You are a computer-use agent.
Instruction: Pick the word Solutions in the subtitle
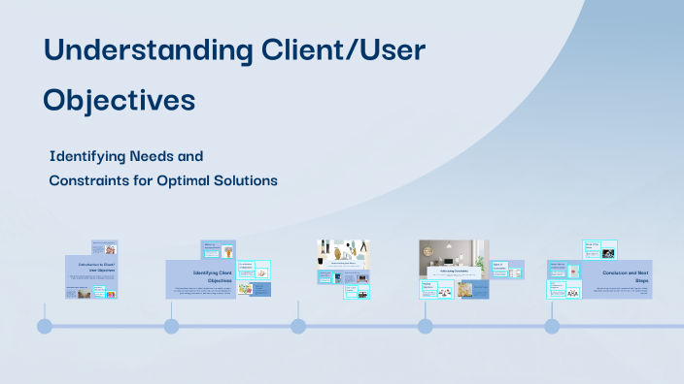pyautogui.click(x=252, y=179)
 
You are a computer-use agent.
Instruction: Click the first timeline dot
pyautogui.click(x=45, y=326)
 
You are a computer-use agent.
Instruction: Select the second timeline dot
pyautogui.click(x=171, y=326)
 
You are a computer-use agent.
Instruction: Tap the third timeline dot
pyautogui.click(x=298, y=326)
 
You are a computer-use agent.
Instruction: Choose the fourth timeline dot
pyautogui.click(x=425, y=326)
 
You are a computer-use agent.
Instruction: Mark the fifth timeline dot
pyautogui.click(x=552, y=326)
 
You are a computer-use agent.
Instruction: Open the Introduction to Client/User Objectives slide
pyautogui.click(x=94, y=267)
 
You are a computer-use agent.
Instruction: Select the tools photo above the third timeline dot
pyautogui.click(x=343, y=250)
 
